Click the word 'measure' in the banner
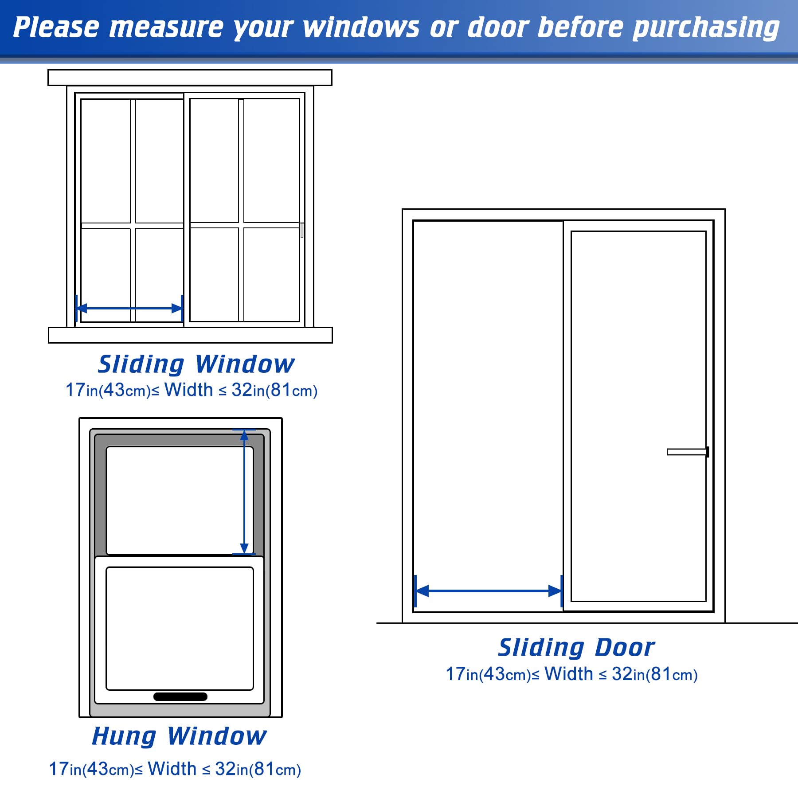[166, 27]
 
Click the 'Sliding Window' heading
[196, 364]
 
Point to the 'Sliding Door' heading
[576, 648]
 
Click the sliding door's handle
[687, 452]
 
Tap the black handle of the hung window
[180, 696]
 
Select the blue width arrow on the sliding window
[129, 308]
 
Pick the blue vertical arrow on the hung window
[244, 492]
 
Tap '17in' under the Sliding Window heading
[81, 390]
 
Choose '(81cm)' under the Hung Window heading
[275, 769]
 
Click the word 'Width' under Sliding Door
[569, 674]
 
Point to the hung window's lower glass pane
[180, 628]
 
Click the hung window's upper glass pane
[173, 500]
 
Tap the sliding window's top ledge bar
[190, 78]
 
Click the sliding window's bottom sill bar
[190, 335]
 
